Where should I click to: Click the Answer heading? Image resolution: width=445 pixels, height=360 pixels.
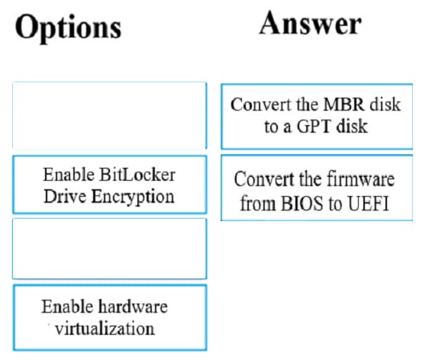[x=311, y=23]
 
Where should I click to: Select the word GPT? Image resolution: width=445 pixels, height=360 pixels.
[x=314, y=127]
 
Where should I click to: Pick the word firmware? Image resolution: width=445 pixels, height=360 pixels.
[x=361, y=179]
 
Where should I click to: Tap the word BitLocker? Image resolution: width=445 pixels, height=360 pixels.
[x=137, y=175]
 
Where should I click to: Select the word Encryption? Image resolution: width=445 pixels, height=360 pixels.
[x=133, y=197]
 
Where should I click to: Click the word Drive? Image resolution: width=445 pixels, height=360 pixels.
[x=65, y=196]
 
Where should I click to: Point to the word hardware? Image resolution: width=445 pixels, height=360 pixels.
[x=133, y=307]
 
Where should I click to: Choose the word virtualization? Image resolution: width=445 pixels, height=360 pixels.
[x=105, y=329]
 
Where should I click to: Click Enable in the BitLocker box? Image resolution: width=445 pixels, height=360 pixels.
[x=69, y=175]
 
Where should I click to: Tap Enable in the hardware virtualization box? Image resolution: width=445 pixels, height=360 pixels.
[x=67, y=307]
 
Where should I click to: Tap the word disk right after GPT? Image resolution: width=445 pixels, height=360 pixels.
[x=352, y=127]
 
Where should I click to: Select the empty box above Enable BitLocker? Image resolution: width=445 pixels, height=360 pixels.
[x=110, y=115]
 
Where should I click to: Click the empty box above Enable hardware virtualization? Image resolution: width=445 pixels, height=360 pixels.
[x=110, y=249]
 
